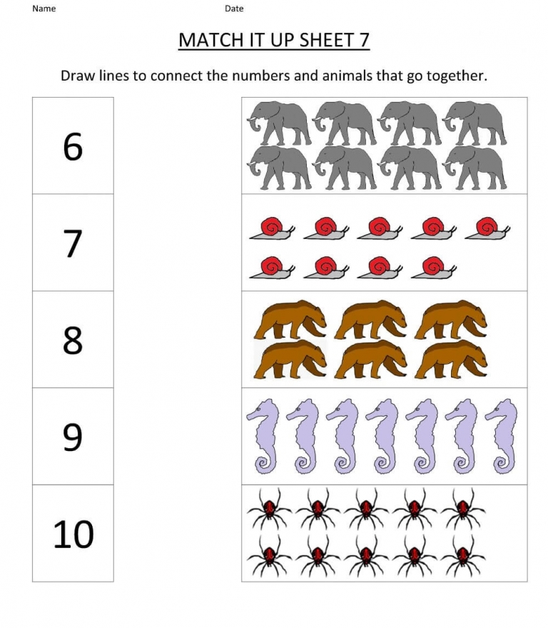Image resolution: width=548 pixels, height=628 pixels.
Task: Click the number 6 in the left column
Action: (x=73, y=147)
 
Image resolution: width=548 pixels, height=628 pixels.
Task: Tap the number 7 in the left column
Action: (x=73, y=244)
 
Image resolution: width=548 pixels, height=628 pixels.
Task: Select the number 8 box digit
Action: (x=73, y=340)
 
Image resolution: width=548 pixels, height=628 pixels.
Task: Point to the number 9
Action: (x=73, y=437)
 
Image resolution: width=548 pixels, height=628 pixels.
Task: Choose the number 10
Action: (x=73, y=534)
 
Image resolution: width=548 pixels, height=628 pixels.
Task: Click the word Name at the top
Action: (x=44, y=9)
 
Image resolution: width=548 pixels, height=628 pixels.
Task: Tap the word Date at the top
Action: (x=234, y=9)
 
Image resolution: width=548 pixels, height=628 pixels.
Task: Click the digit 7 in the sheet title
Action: (x=363, y=40)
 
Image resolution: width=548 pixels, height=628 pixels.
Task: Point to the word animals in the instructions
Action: (x=372, y=76)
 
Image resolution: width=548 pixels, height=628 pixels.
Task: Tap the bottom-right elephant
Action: (x=474, y=168)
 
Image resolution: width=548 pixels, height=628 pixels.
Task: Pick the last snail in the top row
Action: (x=489, y=228)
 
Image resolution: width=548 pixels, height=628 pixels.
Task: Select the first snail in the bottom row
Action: (x=272, y=268)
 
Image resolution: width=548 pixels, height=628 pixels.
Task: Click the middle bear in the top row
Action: (x=370, y=318)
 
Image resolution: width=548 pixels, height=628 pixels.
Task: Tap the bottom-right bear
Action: (x=451, y=360)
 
